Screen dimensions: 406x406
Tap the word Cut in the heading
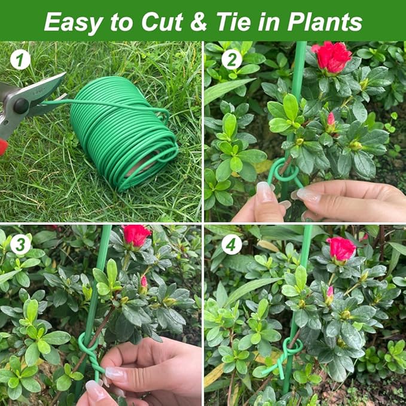click(x=167, y=22)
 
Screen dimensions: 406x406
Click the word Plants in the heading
click(x=325, y=22)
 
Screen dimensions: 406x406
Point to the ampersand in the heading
click(x=200, y=22)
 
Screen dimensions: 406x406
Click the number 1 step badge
click(x=20, y=60)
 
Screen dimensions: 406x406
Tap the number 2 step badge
click(x=231, y=59)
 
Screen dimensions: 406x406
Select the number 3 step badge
click(x=20, y=245)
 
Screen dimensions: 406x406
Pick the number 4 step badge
click(x=231, y=244)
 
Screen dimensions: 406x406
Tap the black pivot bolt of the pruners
click(x=22, y=106)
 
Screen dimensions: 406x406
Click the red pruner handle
click(x=4, y=146)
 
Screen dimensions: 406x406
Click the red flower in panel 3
click(x=136, y=235)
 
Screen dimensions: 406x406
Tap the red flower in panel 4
click(x=341, y=248)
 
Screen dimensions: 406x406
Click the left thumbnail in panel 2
click(x=264, y=193)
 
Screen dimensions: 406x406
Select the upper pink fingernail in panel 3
click(x=115, y=375)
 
